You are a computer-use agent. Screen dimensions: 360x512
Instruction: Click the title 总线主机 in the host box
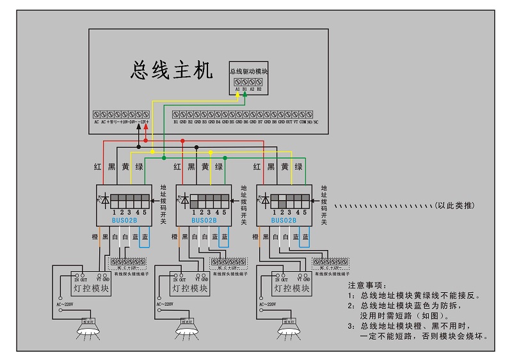point(171,70)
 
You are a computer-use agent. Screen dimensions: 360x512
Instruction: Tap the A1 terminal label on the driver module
point(237,90)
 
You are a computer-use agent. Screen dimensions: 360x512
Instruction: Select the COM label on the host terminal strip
point(302,121)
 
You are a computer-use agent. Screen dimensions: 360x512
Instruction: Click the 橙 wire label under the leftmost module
point(95,237)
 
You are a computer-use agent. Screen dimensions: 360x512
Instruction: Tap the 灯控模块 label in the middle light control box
point(189,289)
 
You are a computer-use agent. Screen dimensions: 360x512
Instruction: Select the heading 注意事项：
point(368,285)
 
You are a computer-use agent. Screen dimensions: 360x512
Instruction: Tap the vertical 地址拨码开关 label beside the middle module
point(244,207)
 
